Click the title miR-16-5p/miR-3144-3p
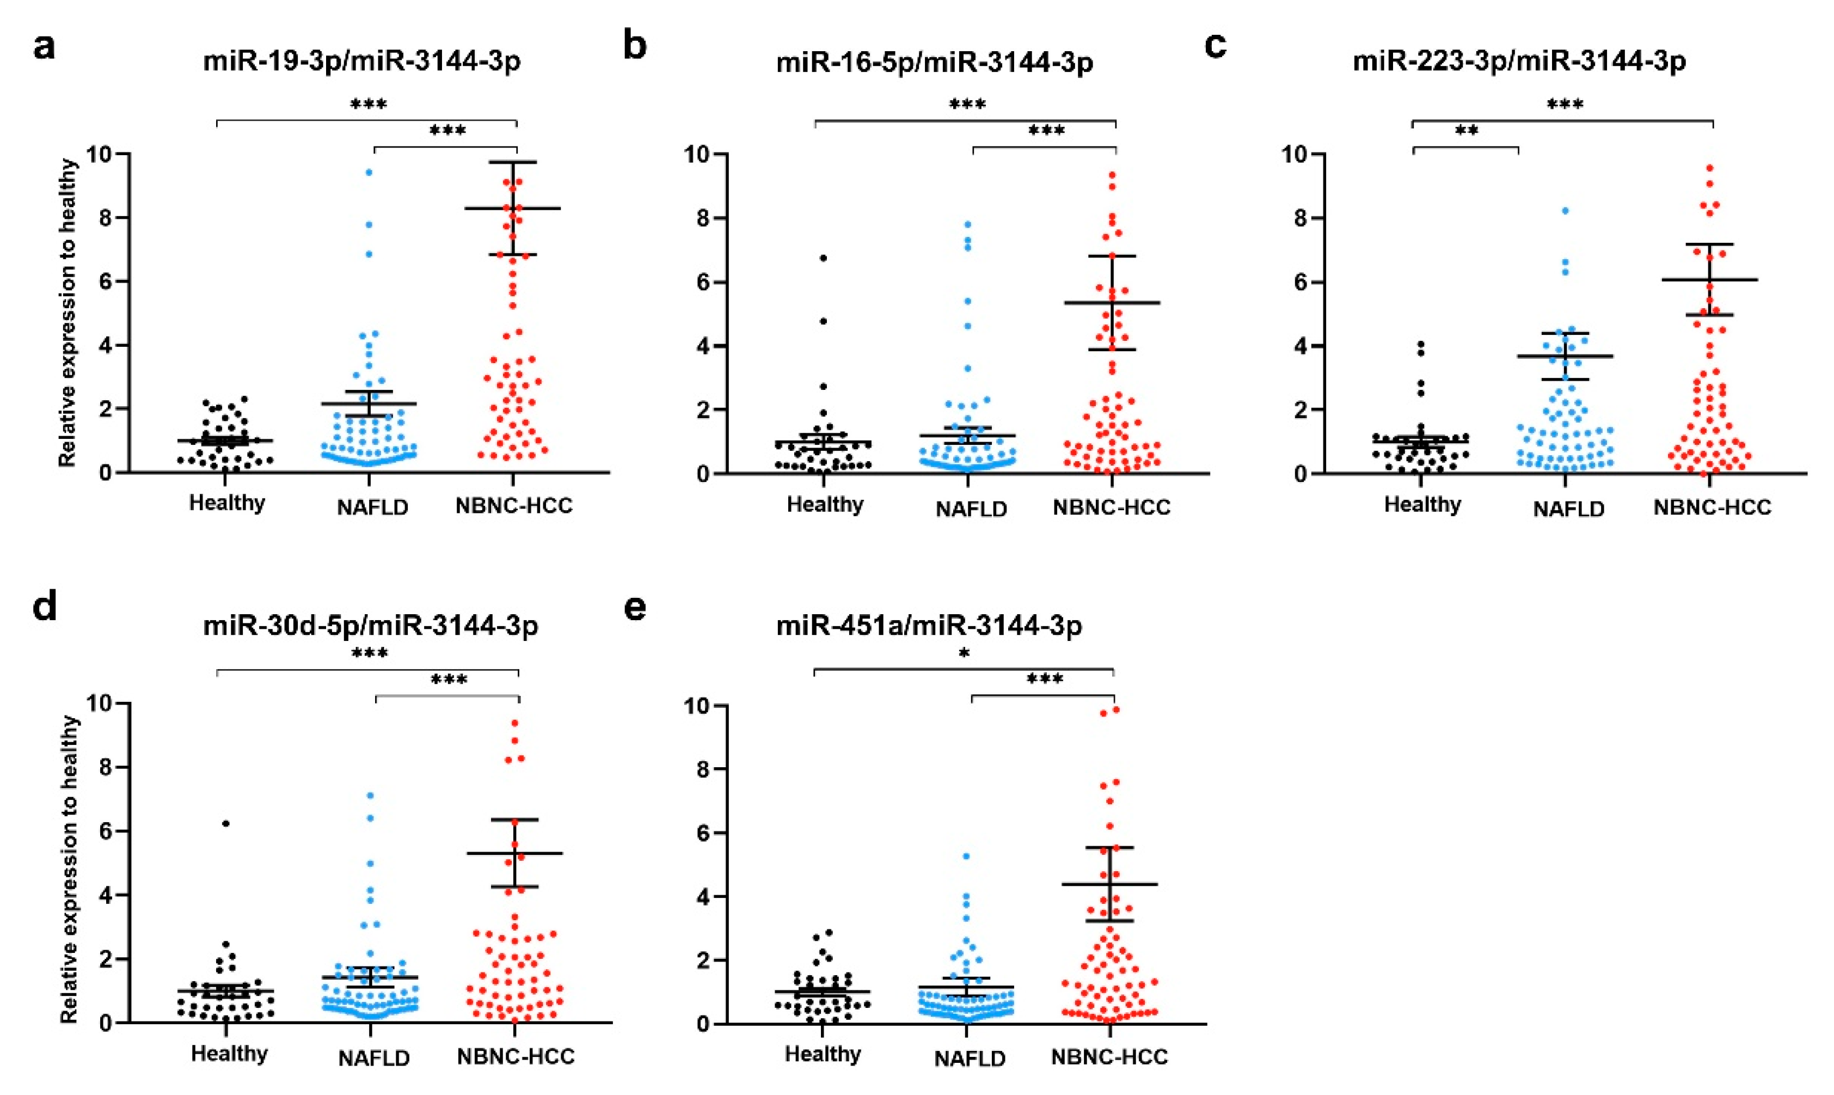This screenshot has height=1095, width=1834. [934, 62]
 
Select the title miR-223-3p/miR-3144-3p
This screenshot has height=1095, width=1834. [1519, 62]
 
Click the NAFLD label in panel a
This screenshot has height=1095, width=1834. [372, 507]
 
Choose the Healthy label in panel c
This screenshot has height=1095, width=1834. [1422, 505]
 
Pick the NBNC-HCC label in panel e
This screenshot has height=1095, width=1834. [1109, 1057]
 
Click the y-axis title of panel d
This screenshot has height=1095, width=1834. [69, 869]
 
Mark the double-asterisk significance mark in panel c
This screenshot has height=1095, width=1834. [1466, 132]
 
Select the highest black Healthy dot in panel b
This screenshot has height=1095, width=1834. [823, 258]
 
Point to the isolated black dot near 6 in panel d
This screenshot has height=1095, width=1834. [226, 823]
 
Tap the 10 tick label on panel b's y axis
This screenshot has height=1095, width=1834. [700, 154]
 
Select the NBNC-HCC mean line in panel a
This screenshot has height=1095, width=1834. [514, 209]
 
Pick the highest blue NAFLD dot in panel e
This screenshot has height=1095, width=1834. [966, 857]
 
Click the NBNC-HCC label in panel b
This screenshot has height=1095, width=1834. [1111, 507]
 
